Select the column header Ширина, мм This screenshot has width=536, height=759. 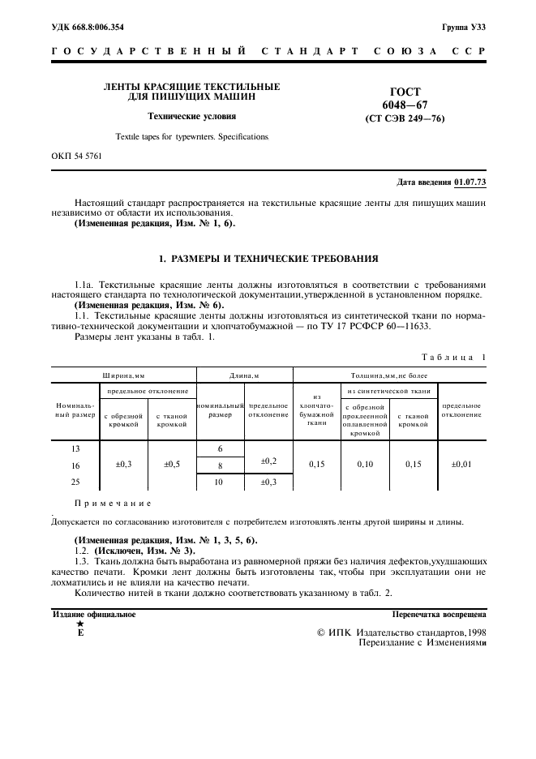tap(123, 375)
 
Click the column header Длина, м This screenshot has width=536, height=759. tap(243, 375)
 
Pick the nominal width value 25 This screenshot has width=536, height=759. tap(75, 482)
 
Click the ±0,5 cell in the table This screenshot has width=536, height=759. tap(172, 465)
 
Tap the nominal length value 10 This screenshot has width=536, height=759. tap(219, 482)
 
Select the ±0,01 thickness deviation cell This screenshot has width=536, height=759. tap(461, 465)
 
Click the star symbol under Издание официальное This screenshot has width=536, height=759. tap(79, 624)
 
